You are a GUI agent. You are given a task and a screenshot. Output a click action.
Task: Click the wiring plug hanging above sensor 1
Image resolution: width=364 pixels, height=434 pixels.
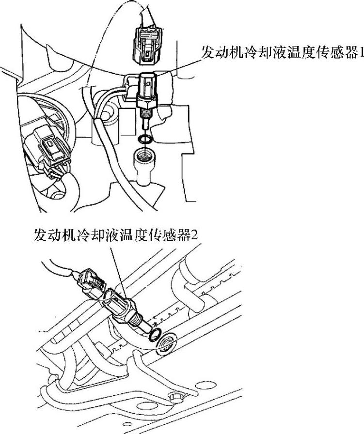point(146,45)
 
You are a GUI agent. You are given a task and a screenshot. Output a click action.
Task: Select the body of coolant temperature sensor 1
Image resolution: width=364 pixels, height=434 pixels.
point(147,85)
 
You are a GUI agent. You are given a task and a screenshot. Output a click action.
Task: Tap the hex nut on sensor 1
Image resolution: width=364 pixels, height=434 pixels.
point(147,102)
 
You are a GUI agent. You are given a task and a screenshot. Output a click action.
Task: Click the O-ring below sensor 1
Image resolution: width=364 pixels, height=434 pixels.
point(144,139)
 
